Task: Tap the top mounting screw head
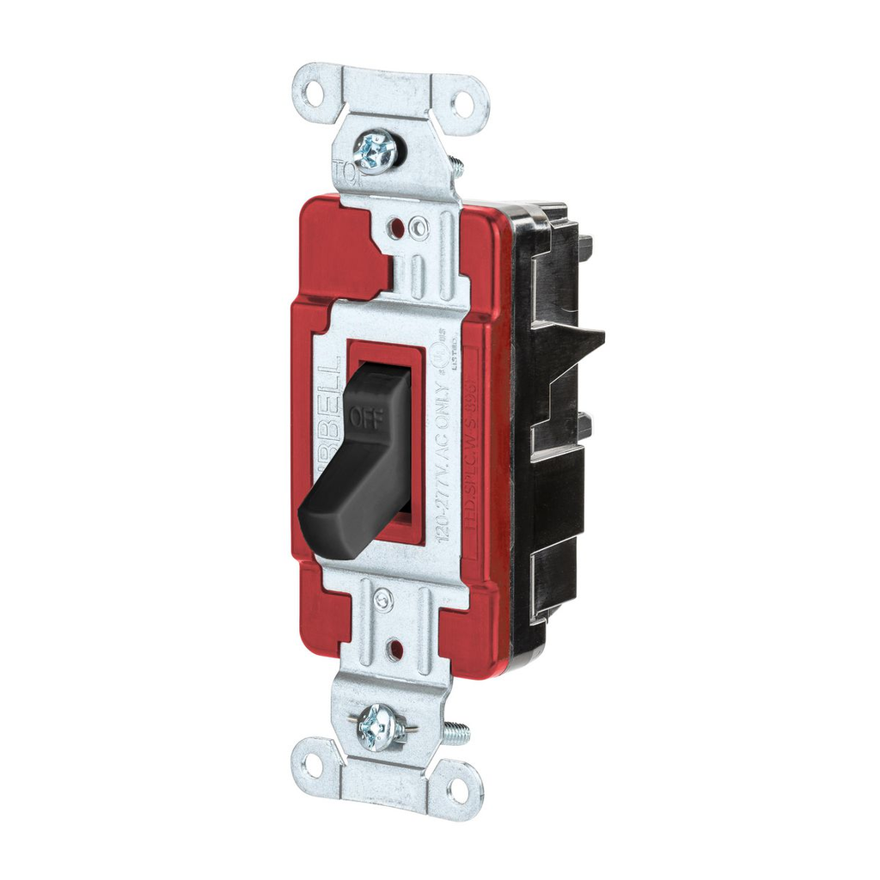(x=376, y=153)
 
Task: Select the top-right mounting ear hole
(x=462, y=104)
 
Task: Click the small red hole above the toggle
(x=397, y=229)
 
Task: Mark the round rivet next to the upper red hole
(x=419, y=228)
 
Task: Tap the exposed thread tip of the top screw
(x=455, y=166)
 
